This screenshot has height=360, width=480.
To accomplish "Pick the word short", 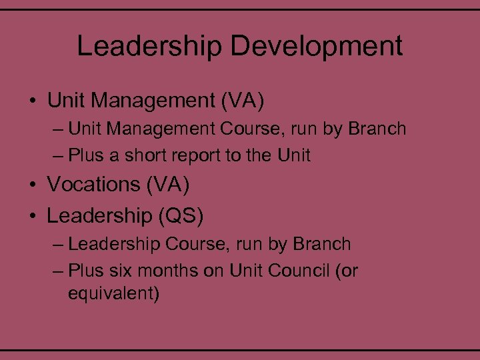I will click(x=147, y=155).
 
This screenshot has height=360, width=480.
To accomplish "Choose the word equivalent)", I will click(x=114, y=293).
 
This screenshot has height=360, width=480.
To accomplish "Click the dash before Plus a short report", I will click(x=58, y=155).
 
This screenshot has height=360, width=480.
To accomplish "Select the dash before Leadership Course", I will click(x=58, y=244).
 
